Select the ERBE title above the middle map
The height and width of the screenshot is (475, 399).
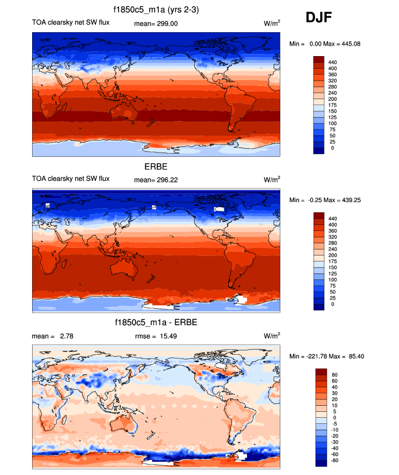156,166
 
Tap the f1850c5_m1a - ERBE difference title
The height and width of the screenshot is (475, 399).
155,323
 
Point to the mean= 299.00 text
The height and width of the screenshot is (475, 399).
156,23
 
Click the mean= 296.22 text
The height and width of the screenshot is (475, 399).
156,179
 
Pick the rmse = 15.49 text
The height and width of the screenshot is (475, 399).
156,336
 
